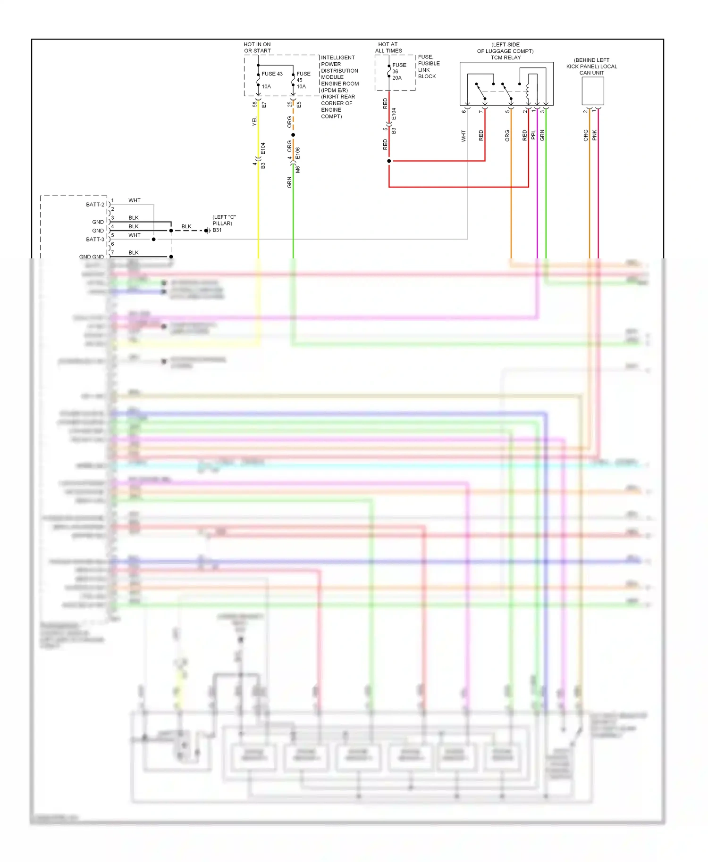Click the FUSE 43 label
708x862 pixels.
coord(272,74)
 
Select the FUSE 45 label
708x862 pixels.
coord(303,74)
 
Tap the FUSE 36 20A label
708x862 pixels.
coord(398,71)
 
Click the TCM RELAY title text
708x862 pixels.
coord(506,58)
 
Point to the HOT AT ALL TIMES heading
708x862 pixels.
coord(388,48)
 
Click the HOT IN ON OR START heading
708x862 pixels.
coord(257,48)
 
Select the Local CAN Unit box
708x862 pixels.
coord(593,91)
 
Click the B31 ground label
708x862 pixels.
coord(217,230)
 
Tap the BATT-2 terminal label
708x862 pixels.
coord(95,205)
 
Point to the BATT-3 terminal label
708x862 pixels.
coord(95,240)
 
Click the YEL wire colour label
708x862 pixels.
coord(254,121)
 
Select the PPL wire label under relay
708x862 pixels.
coord(534,135)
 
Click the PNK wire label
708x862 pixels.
coord(595,135)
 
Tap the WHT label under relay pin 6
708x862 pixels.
coord(464,136)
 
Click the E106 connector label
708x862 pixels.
coord(297,153)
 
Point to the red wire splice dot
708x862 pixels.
coord(389,161)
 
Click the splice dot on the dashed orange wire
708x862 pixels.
coord(293,135)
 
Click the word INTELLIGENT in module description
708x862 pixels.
coord(337,58)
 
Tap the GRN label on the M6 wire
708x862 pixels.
coord(289,182)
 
